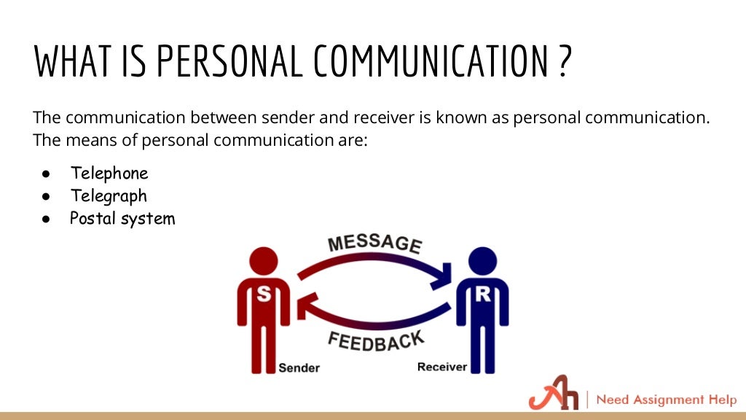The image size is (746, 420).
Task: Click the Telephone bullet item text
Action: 109,174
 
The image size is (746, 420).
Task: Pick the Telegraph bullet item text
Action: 109,196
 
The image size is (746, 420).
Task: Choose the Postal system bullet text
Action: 122,218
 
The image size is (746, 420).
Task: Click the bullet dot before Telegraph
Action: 45,197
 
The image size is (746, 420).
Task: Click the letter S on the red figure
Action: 264,295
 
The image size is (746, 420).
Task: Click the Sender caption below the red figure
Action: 299,367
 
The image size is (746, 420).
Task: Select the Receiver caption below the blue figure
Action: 441,367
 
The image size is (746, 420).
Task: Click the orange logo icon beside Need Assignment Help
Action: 552,399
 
